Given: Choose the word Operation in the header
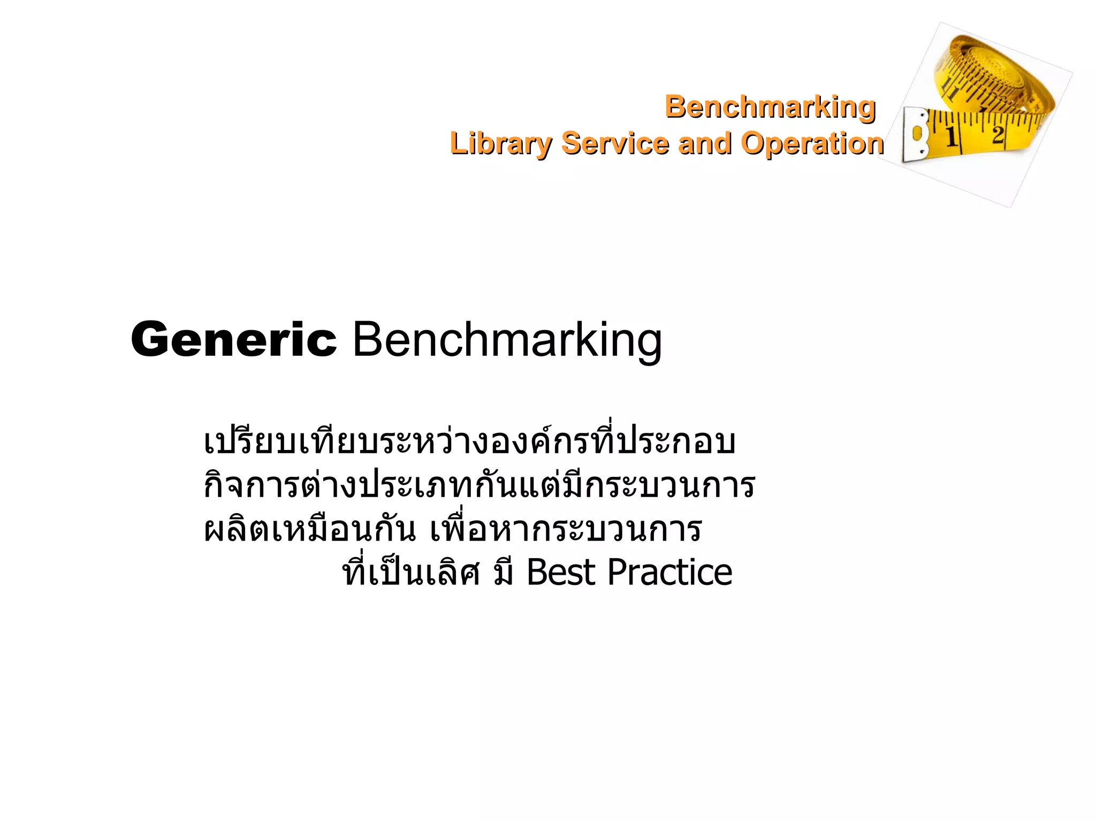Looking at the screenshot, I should pyautogui.click(x=812, y=143).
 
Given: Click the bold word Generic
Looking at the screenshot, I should pyautogui.click(x=234, y=339).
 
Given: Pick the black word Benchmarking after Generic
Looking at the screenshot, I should pyautogui.click(x=507, y=339).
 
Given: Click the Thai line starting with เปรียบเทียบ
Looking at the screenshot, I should pyautogui.click(x=469, y=442).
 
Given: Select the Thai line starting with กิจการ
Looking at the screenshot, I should pyautogui.click(x=479, y=485).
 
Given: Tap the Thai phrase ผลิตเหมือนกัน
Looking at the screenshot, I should pyautogui.click(x=310, y=529).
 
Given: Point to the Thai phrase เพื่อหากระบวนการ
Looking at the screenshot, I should pyautogui.click(x=566, y=529).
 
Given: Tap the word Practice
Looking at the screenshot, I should pyautogui.click(x=669, y=573).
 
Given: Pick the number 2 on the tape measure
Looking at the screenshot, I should pyautogui.click(x=997, y=133).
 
